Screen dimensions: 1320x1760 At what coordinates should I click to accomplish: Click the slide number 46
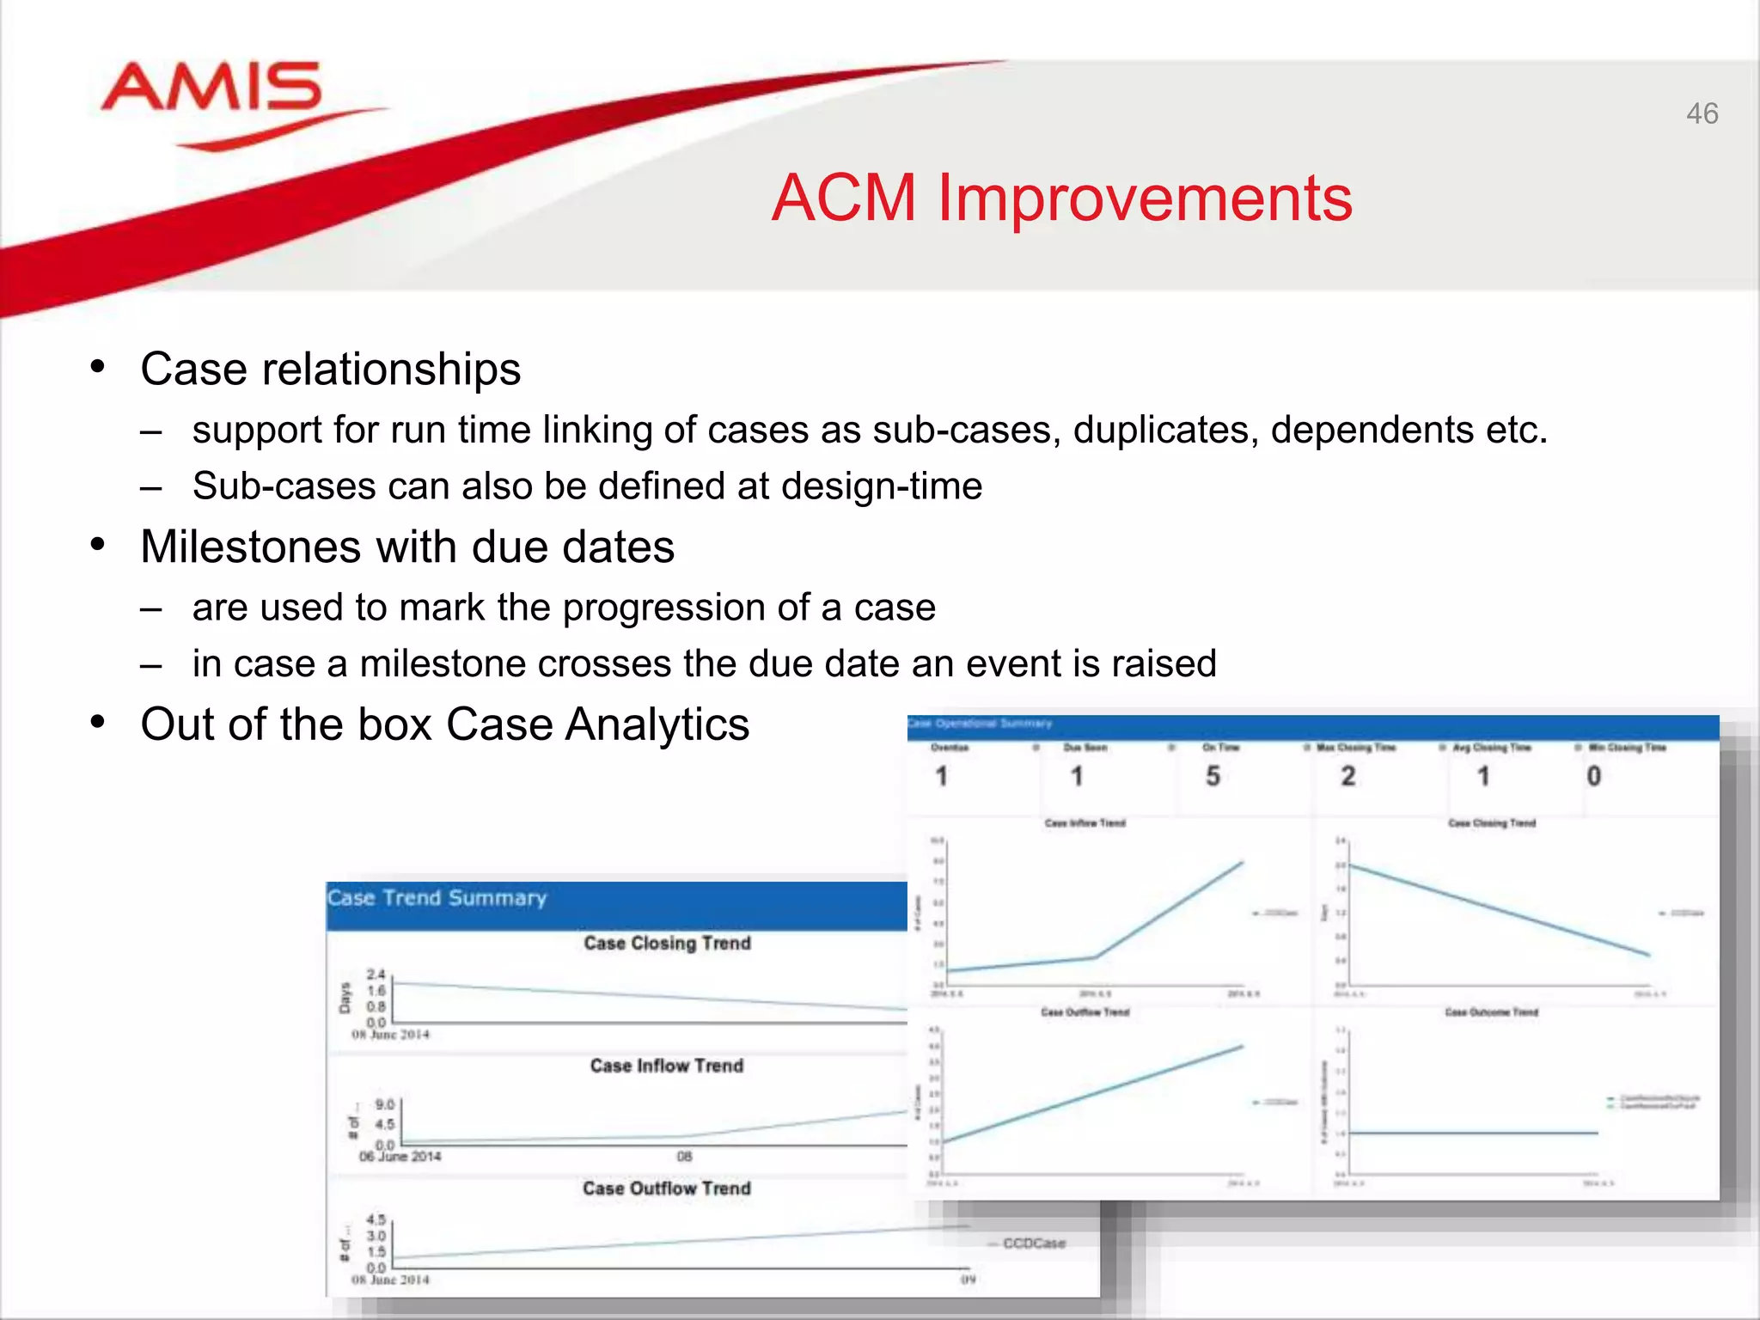tap(1702, 113)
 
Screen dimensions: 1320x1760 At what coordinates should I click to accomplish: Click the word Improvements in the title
tap(1145, 199)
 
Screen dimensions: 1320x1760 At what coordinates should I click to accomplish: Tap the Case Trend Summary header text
tap(437, 898)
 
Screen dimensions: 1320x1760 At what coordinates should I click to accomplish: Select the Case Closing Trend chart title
tap(667, 943)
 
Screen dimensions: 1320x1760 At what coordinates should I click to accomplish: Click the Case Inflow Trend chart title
tap(666, 1066)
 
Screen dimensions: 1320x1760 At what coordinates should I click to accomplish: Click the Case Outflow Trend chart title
tap(666, 1189)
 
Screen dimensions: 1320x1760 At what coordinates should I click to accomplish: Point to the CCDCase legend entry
tap(1033, 1244)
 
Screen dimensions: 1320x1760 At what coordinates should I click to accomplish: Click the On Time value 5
tap(1213, 776)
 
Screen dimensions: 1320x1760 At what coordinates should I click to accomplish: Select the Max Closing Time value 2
tap(1347, 776)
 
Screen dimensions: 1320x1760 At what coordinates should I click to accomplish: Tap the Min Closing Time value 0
tap(1593, 776)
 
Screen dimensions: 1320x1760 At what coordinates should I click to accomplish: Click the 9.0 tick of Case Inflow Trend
tap(384, 1104)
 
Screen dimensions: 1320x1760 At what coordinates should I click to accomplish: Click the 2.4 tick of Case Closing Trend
tap(376, 975)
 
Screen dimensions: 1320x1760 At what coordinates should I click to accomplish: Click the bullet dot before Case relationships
tap(98, 366)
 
